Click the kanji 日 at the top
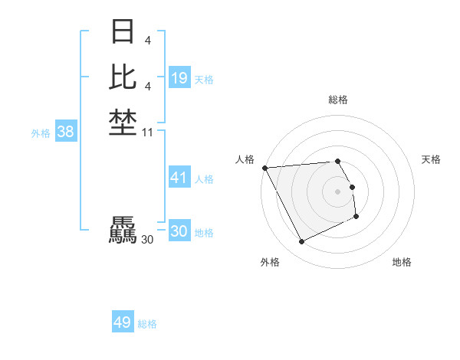(x=123, y=32)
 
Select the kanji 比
(x=123, y=77)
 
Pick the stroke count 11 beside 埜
(x=148, y=133)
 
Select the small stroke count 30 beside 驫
(x=147, y=240)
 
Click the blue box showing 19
(x=179, y=78)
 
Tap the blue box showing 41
(x=179, y=178)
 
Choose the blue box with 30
(x=179, y=231)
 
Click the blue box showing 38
(x=66, y=132)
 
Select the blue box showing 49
(x=122, y=322)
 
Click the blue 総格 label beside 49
(x=147, y=324)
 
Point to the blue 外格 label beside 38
(x=41, y=133)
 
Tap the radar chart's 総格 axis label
(x=337, y=100)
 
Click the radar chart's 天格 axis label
(x=431, y=159)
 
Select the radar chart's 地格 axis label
(x=402, y=262)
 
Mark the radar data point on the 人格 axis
(x=264, y=168)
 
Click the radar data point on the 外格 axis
(x=301, y=242)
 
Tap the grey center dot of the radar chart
(x=337, y=191)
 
